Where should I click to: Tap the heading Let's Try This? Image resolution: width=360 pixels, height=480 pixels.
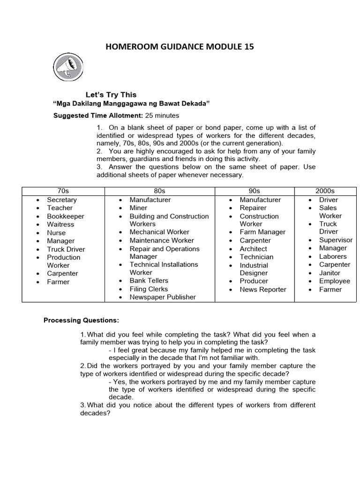click(111, 94)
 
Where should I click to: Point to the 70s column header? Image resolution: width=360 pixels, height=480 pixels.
click(63, 191)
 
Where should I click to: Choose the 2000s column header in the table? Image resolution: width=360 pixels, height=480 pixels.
click(324, 191)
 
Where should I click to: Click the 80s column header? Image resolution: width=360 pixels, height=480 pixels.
click(159, 191)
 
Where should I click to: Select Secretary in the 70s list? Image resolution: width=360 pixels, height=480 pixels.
click(61, 200)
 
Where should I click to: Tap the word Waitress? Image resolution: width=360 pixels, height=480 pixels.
click(60, 225)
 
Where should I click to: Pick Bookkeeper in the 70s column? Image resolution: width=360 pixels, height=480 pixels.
click(66, 216)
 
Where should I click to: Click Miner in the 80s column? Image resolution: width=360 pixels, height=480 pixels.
click(138, 208)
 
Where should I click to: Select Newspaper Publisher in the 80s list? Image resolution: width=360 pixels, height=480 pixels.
click(163, 297)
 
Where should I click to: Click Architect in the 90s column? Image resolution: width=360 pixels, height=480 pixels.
click(253, 249)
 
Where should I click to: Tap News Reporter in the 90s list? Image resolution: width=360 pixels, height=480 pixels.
click(262, 289)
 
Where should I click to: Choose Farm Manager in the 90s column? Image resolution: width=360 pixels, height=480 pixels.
click(262, 232)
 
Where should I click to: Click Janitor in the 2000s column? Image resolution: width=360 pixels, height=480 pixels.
click(330, 273)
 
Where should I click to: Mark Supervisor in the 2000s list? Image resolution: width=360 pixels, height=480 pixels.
click(336, 240)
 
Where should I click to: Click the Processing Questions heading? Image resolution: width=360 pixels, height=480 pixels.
click(81, 321)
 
